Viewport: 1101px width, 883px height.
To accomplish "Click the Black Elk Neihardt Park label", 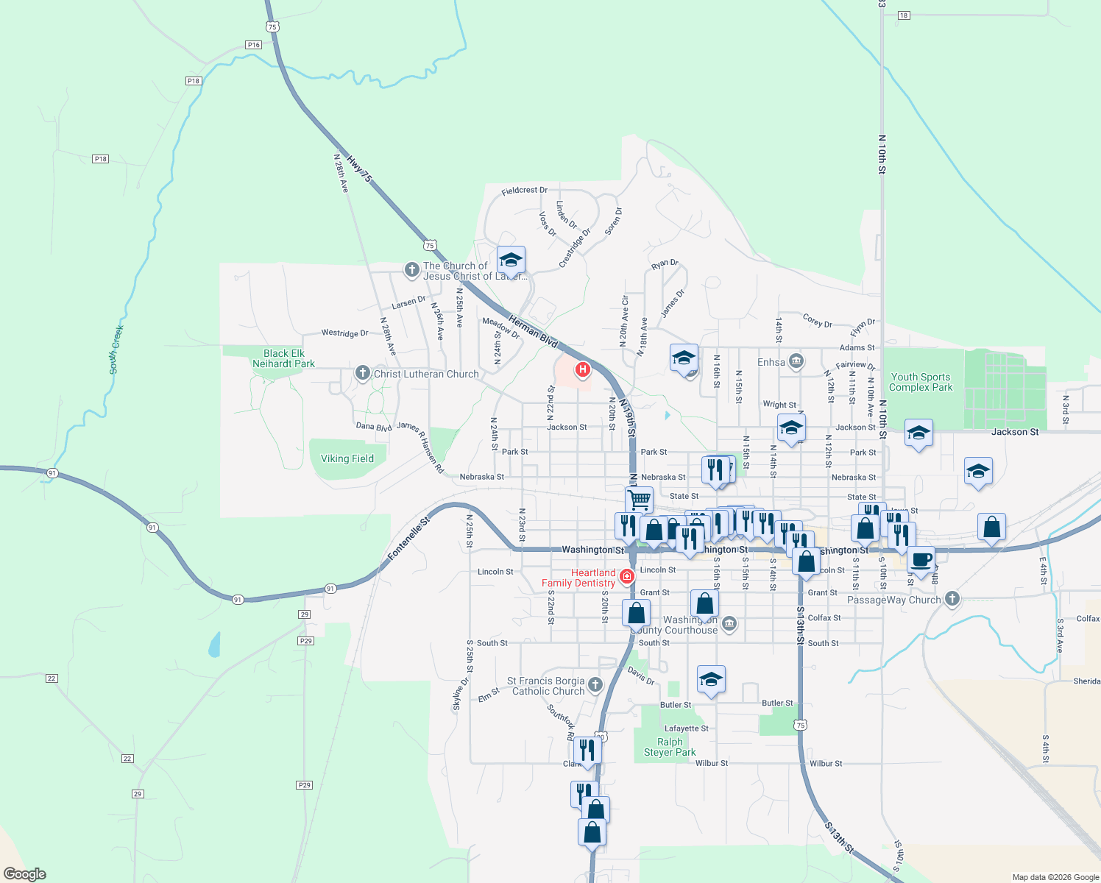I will coord(283,358).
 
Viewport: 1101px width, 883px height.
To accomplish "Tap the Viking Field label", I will coord(347,458).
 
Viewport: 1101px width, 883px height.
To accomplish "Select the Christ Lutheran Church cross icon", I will coord(362,373).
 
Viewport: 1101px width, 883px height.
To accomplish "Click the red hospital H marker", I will coord(583,369).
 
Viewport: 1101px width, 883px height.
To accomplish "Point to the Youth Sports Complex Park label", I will coord(920,382).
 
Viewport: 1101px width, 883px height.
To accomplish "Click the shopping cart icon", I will coord(639,500).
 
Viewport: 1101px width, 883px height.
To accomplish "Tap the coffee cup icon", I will coord(921,560).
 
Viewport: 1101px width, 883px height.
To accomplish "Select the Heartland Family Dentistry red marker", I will coord(627,576).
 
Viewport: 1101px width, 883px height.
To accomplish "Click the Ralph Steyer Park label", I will coord(670,747).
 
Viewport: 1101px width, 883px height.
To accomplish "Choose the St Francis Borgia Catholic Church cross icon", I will coord(595,685).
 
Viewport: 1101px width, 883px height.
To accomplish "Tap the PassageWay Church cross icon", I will coord(952,598).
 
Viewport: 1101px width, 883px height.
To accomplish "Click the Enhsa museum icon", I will coord(796,361).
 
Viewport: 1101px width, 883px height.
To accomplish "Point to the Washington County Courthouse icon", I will coord(729,624).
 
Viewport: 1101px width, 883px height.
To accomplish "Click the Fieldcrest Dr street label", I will coord(524,191).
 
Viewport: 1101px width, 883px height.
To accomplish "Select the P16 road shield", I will coord(254,45).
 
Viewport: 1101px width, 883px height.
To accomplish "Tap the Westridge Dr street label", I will coord(344,333).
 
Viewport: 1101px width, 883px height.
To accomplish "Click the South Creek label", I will coord(116,350).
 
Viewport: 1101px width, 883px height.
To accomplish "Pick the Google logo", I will coord(25,874).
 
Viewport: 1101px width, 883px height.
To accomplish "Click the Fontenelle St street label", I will coord(408,538).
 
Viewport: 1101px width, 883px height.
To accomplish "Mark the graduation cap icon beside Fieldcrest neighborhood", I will coord(511,260).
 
